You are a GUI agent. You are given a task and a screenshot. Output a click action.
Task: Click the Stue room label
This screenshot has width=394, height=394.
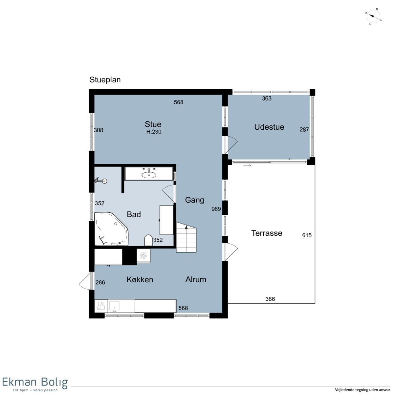tap(153, 124)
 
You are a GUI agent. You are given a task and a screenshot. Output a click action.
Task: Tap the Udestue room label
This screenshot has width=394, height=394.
tap(269, 127)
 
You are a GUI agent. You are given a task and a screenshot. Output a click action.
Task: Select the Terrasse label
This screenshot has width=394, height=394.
tap(267, 233)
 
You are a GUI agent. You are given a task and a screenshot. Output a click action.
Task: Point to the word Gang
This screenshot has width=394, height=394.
tap(194, 200)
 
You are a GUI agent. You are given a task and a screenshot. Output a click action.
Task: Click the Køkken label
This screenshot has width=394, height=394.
tap(140, 279)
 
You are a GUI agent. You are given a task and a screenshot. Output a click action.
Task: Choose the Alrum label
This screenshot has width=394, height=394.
tap(196, 279)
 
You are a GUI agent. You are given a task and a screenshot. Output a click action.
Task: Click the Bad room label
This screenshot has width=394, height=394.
tap(134, 214)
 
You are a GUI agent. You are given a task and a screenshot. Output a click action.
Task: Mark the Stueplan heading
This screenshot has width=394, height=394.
tap(105, 80)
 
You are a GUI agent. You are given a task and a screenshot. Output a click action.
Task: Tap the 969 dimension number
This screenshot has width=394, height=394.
tap(216, 209)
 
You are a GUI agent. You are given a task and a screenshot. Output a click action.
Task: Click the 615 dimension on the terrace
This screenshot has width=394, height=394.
tap(307, 235)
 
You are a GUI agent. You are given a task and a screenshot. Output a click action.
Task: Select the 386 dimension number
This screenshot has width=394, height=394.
tap(270, 299)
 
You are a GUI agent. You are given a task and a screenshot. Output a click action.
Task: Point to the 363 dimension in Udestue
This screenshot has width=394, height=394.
tap(267, 98)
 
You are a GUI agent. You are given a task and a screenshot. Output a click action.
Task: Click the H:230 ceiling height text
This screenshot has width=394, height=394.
tap(154, 132)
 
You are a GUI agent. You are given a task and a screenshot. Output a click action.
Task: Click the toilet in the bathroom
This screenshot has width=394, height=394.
tap(148, 240)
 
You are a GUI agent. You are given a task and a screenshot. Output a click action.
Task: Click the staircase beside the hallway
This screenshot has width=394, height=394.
tap(186, 237)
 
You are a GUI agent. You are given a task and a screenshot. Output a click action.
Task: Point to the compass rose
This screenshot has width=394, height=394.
tap(373, 17)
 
